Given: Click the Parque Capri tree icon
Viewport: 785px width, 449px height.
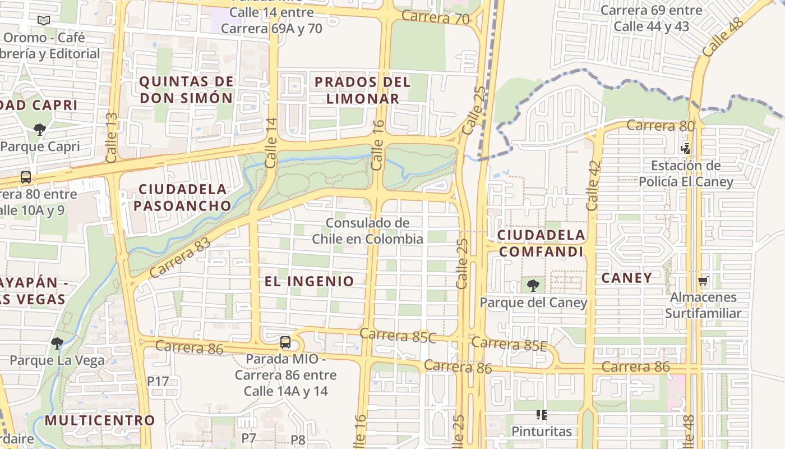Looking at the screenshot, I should tap(39, 130).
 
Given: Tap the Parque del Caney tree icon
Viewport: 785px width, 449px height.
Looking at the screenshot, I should tap(533, 285).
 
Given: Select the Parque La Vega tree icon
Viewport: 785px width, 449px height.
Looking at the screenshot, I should tap(57, 343).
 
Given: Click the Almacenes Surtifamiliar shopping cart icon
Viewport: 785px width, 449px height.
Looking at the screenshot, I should tap(703, 281).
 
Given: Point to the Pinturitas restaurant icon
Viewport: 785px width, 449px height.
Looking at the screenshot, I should tap(541, 415).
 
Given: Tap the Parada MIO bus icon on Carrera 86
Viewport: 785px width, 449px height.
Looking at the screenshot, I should tap(285, 342).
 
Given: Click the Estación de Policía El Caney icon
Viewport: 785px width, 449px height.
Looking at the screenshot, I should tap(686, 148).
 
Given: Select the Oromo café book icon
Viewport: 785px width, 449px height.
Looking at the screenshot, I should tap(44, 21).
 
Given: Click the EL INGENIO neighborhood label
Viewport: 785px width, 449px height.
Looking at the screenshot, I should tap(310, 281).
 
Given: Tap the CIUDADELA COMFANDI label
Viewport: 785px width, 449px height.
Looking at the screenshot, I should tap(542, 243).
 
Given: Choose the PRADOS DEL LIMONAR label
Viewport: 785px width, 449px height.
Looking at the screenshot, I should tap(363, 90).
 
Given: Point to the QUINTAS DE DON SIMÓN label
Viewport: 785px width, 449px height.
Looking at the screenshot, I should tap(186, 90).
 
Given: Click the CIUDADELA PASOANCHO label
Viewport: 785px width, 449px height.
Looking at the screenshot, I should tap(183, 198).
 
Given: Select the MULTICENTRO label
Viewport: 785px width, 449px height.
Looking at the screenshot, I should tap(100, 420).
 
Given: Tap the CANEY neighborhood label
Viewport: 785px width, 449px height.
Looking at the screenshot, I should tap(626, 278).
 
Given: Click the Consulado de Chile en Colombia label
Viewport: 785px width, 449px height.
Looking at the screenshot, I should tap(368, 231).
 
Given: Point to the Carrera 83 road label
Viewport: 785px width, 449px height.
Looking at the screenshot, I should tap(180, 258).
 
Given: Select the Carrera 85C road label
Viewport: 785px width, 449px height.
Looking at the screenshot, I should tap(398, 335).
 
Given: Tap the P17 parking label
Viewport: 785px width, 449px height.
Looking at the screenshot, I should tap(158, 381).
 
